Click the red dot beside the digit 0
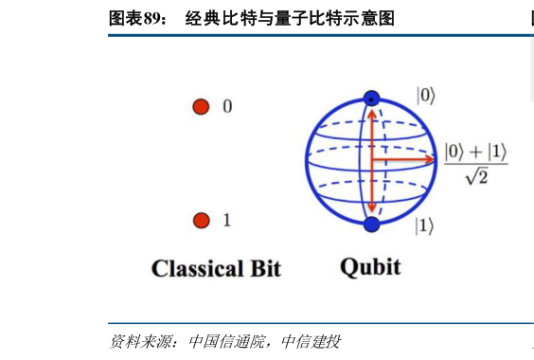tap(201, 107)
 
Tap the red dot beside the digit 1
tap(202, 220)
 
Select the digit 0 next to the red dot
tap(227, 106)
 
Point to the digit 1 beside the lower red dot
tap(227, 220)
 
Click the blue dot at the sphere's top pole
tap(371, 99)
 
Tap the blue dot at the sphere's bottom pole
tap(371, 225)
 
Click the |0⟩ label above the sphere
tap(426, 96)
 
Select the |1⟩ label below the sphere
tap(424, 225)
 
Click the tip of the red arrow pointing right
tap(435, 159)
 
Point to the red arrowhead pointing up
tap(372, 115)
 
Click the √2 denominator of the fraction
tap(477, 176)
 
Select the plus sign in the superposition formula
tap(475, 152)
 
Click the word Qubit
tap(370, 267)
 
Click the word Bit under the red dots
tap(266, 268)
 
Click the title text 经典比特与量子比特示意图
tap(290, 18)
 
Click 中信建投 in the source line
tap(311, 341)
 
